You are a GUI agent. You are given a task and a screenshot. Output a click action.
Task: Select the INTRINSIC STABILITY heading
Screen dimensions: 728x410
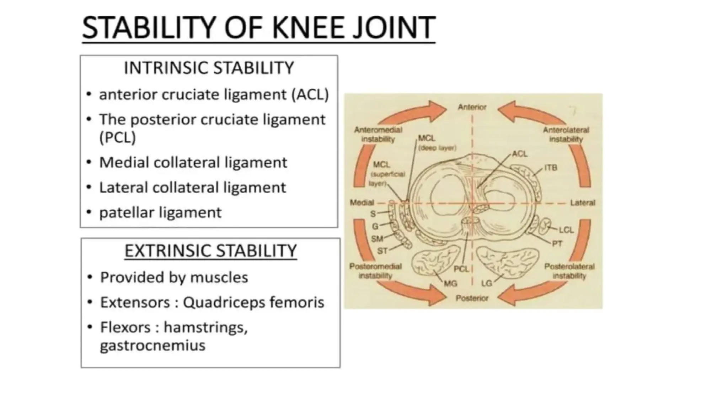point(209,68)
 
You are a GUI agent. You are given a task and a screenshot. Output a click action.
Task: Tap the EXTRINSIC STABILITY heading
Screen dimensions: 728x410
point(210,251)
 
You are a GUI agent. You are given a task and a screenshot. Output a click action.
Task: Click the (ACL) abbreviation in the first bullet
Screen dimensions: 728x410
point(310,95)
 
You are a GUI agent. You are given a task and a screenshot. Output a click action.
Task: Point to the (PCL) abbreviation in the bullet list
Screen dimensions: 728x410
point(118,137)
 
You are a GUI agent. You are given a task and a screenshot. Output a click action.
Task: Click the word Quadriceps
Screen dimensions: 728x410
point(224,303)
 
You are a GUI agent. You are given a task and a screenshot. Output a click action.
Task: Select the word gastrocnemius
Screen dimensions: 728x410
point(153,345)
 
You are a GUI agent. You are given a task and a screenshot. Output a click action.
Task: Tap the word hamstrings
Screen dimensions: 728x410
point(205,327)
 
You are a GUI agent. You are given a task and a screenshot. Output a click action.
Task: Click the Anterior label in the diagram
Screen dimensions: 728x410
point(472,107)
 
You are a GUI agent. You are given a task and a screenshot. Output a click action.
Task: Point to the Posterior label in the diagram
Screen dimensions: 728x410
point(472,298)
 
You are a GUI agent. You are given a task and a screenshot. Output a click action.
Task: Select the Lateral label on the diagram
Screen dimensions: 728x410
point(583,203)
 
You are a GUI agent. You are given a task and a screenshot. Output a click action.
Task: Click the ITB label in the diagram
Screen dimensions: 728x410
point(551,168)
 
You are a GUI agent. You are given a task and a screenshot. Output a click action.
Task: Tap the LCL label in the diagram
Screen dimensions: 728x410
point(566,230)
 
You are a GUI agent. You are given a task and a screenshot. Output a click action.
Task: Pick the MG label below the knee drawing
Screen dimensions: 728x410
point(450,284)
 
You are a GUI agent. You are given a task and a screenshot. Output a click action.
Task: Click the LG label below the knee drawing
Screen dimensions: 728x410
point(487,284)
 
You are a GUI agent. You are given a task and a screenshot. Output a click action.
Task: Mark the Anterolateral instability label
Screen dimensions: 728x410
point(566,135)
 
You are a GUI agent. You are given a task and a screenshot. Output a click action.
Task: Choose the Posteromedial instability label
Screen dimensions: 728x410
point(375,271)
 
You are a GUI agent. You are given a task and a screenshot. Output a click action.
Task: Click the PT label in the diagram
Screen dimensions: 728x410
point(557,244)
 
